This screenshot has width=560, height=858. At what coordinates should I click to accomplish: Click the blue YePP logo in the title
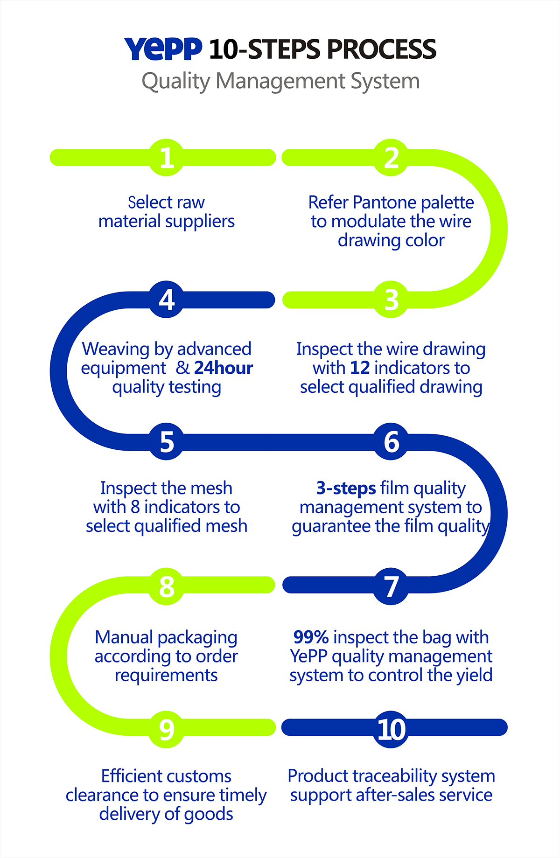click(163, 49)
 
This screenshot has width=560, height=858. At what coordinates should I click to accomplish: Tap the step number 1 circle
click(167, 158)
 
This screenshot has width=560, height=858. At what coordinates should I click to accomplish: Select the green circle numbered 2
click(391, 158)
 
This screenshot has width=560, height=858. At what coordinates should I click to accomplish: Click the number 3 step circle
click(391, 300)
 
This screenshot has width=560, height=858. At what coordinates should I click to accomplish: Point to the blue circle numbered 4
click(167, 300)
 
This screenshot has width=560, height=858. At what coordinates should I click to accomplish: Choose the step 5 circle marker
click(167, 441)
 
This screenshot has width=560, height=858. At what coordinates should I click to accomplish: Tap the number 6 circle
click(391, 441)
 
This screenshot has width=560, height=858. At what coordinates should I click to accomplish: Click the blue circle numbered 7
click(391, 586)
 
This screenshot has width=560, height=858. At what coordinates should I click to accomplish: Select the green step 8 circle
click(167, 586)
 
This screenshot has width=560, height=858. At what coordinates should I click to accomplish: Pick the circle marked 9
click(167, 729)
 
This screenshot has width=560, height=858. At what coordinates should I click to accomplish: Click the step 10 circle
click(391, 729)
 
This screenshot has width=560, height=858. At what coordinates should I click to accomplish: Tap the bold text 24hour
click(224, 368)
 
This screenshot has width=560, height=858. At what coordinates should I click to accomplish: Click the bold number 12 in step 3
click(360, 368)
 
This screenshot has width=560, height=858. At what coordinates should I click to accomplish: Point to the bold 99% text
click(311, 637)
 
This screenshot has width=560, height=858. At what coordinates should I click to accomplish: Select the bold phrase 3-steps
click(346, 488)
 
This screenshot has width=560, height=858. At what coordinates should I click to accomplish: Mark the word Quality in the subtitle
click(176, 81)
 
